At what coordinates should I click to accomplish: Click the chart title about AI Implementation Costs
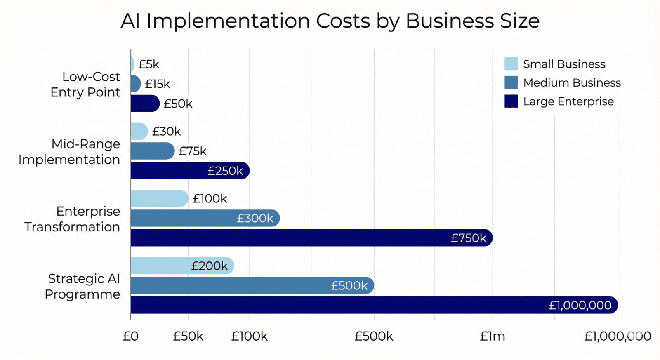(x=330, y=21)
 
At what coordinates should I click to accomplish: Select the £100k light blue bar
(x=159, y=198)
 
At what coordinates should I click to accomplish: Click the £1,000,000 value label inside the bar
(x=580, y=305)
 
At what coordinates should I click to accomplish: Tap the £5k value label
(x=149, y=64)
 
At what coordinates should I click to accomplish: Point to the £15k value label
(x=158, y=84)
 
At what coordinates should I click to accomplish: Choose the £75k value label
(x=193, y=151)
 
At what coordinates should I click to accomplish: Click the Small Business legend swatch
(x=511, y=64)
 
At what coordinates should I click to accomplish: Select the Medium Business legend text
(x=572, y=83)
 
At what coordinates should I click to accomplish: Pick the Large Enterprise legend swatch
(x=511, y=101)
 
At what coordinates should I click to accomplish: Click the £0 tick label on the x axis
(x=131, y=336)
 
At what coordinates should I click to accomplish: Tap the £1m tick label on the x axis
(x=493, y=336)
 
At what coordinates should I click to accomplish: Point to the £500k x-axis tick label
(x=374, y=336)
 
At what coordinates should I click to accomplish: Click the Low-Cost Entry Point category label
(x=85, y=85)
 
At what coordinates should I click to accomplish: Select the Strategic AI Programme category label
(x=82, y=286)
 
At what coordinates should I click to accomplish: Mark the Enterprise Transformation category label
(x=73, y=219)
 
